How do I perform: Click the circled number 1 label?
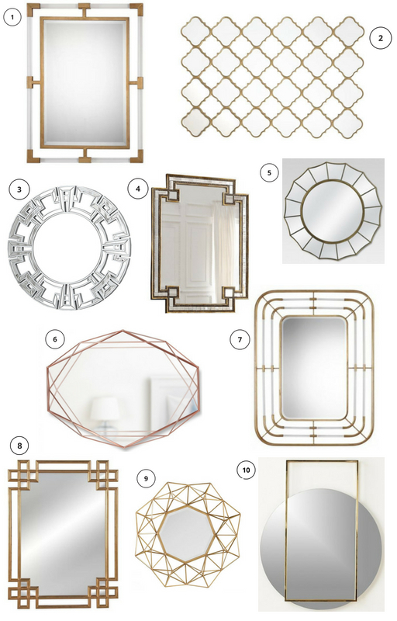12,17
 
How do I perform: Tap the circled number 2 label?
381,38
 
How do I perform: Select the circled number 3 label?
19,189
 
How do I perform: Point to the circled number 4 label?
137,189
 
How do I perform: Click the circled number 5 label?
270,172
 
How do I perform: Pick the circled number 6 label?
55,339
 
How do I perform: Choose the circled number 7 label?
240,339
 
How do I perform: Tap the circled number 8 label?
19,446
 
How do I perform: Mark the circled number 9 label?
146,478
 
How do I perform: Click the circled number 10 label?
246,470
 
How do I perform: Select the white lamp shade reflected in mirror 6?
105,409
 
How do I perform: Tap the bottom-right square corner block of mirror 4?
230,294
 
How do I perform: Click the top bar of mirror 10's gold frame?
322,461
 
